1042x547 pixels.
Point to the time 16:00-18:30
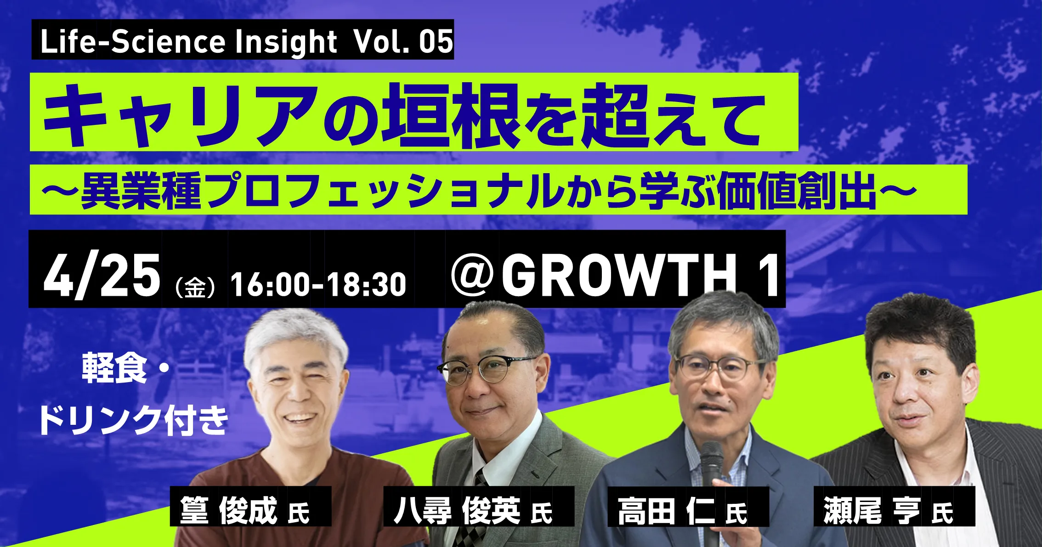[x=318, y=285]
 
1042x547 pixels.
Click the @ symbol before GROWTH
[x=472, y=276]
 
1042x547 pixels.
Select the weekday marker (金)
[x=195, y=287]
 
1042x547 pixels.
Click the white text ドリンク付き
[x=133, y=420]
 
